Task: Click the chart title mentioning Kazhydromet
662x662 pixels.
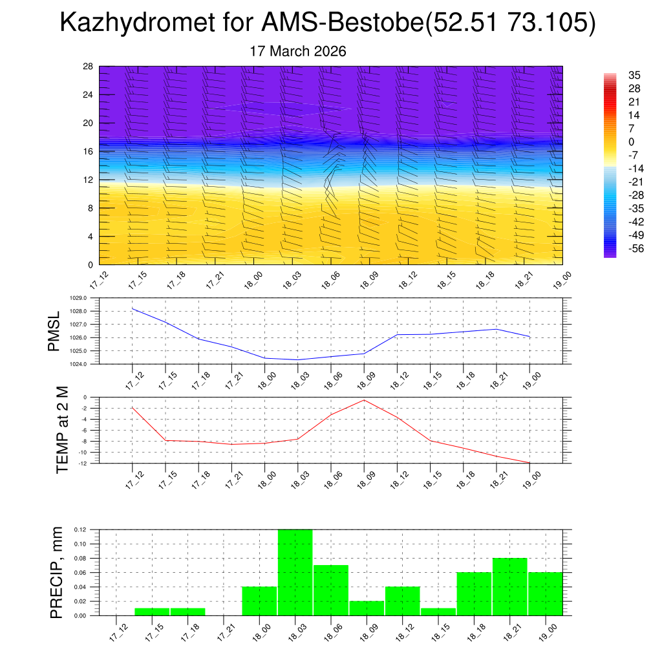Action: (x=327, y=23)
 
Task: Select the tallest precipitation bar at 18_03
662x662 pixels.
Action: (x=295, y=572)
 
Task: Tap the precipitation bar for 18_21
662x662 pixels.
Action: (x=509, y=586)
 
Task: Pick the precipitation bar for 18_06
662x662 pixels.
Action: (x=331, y=590)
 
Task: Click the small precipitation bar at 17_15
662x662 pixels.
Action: (x=152, y=612)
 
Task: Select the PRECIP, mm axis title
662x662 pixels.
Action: (x=57, y=573)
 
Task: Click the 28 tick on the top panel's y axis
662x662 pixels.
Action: (x=88, y=67)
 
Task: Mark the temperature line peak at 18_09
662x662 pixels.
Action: (x=364, y=400)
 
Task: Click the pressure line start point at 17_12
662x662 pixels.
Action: (x=133, y=308)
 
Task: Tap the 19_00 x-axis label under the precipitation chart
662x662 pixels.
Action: (x=547, y=634)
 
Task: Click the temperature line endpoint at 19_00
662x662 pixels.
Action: (x=530, y=463)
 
